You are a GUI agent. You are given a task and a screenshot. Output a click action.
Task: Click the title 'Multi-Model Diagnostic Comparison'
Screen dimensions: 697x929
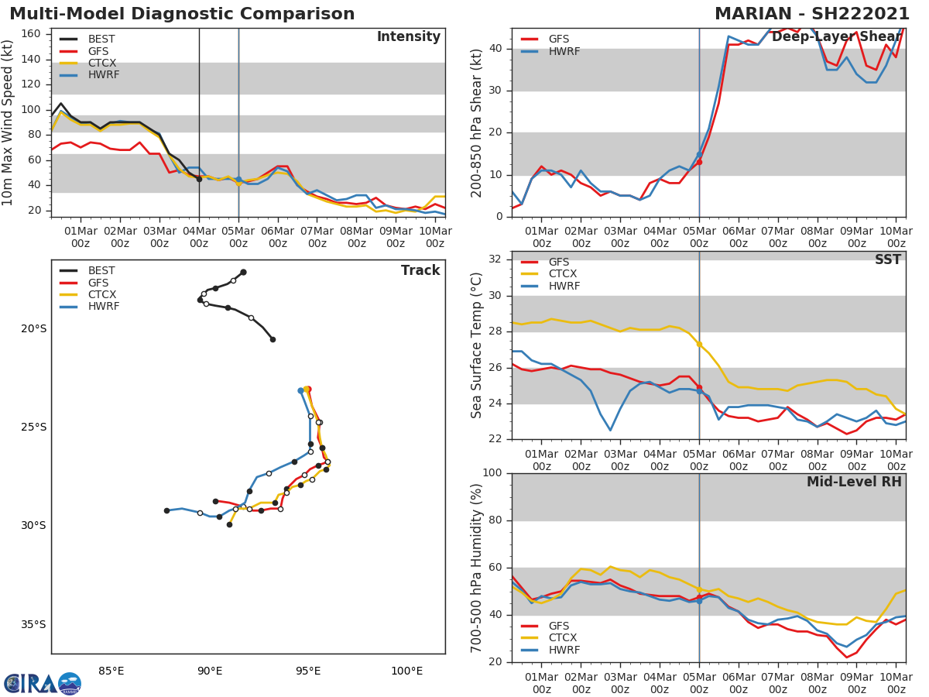182,14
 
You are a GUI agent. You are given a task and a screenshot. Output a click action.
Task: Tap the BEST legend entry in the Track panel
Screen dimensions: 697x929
101,271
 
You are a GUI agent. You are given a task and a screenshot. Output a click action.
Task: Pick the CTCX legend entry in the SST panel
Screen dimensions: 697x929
562,274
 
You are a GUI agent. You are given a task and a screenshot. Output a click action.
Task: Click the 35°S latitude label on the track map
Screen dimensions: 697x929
33,625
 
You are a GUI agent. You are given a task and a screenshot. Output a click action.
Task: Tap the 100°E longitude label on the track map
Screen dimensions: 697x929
406,671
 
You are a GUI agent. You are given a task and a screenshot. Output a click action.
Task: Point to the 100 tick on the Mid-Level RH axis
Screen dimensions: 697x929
492,473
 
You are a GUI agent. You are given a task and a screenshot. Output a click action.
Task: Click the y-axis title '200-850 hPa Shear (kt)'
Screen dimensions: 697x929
478,122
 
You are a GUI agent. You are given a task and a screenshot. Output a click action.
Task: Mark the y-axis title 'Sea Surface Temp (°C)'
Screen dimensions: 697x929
478,345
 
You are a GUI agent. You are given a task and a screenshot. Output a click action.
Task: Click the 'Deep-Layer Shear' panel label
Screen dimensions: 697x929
836,37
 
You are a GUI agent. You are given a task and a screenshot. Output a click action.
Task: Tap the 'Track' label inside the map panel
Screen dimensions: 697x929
420,270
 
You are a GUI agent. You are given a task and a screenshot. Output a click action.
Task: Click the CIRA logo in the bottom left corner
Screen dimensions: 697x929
42,683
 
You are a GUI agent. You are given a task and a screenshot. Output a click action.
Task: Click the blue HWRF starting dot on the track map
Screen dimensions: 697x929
301,391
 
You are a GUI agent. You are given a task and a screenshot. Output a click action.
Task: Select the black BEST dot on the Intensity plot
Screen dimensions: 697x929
199,179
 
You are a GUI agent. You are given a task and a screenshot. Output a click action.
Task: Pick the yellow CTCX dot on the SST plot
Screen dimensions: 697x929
699,344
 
